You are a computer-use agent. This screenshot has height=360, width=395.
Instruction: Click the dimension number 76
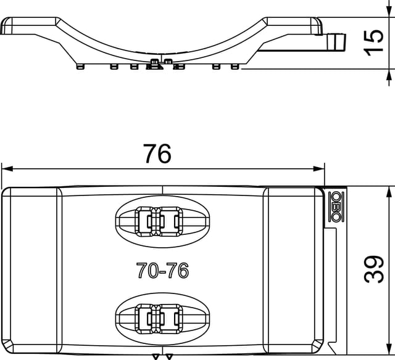click(x=157, y=153)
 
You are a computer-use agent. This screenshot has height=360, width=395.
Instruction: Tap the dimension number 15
click(x=374, y=43)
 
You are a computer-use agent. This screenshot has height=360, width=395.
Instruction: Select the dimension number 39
click(x=374, y=269)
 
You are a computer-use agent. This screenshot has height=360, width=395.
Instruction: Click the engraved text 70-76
click(x=162, y=270)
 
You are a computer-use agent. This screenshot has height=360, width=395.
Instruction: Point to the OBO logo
click(x=336, y=207)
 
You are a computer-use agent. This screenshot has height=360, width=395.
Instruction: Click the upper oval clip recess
click(x=162, y=221)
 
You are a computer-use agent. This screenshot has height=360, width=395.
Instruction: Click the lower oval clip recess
click(x=162, y=319)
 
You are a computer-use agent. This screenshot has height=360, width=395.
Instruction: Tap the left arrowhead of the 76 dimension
click(x=7, y=168)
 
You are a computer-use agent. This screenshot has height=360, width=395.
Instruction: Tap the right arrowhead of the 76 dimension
click(x=319, y=168)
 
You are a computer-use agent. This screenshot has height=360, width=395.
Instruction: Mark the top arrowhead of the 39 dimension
click(x=389, y=193)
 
